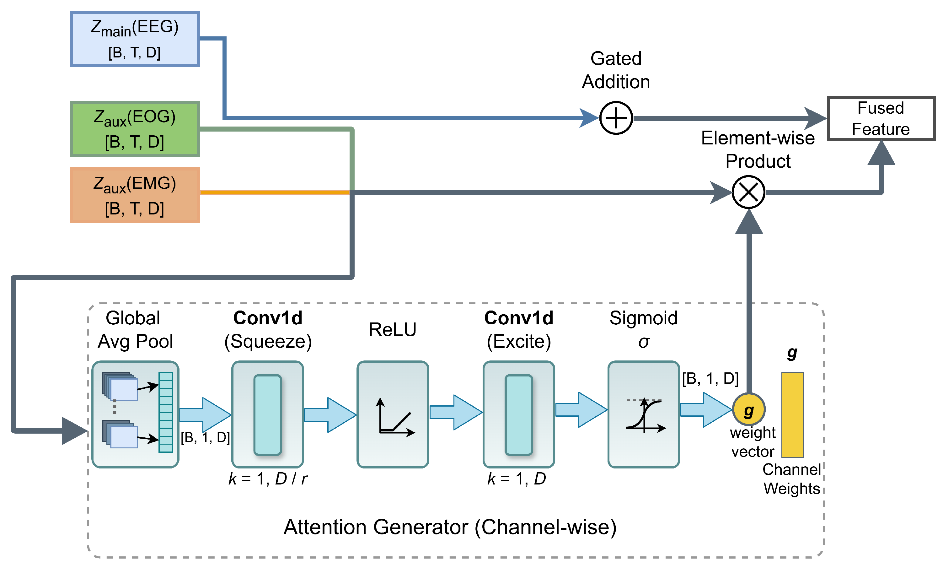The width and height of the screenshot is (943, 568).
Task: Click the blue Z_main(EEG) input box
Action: pyautogui.click(x=135, y=39)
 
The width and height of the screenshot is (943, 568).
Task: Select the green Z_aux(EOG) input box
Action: pyautogui.click(x=135, y=129)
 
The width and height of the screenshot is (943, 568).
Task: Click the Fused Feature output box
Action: pyautogui.click(x=880, y=119)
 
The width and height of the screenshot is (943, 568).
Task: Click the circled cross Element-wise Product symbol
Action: pyautogui.click(x=748, y=192)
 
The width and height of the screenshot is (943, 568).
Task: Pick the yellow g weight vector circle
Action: pyautogui.click(x=748, y=409)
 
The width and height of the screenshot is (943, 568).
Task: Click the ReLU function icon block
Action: pyautogui.click(x=393, y=414)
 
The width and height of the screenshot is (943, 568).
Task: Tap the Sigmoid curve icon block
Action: pyautogui.click(x=643, y=414)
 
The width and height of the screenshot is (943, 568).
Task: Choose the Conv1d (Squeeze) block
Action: pyautogui.click(x=267, y=414)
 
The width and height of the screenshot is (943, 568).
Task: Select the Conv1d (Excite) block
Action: pyautogui.click(x=518, y=414)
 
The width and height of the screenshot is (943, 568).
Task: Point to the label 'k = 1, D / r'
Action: pyautogui.click(x=267, y=479)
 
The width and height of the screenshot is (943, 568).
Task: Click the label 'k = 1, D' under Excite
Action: pyautogui.click(x=517, y=479)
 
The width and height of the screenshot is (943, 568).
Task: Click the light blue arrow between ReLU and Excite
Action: pyautogui.click(x=455, y=412)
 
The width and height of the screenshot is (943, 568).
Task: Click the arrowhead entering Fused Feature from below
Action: pyautogui.click(x=881, y=154)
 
